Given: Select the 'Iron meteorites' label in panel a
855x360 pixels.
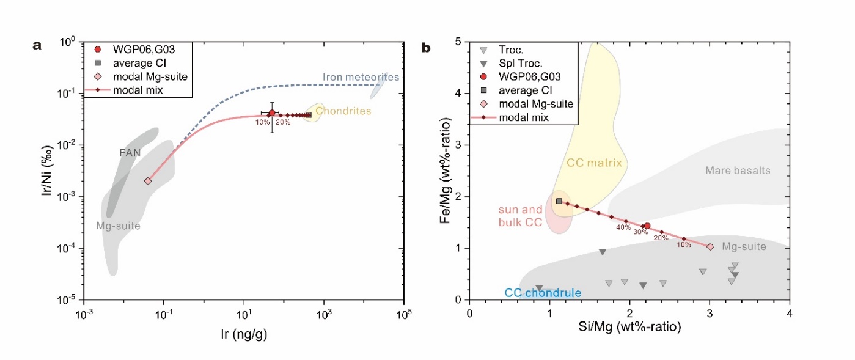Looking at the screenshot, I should [x=360, y=77].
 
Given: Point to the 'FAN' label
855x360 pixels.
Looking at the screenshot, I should [x=130, y=153].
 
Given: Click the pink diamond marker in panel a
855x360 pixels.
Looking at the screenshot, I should [x=147, y=181].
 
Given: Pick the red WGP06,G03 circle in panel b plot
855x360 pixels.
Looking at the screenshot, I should [x=647, y=226].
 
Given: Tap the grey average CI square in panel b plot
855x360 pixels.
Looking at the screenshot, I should [x=559, y=200].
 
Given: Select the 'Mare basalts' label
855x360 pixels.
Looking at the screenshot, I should [x=738, y=171].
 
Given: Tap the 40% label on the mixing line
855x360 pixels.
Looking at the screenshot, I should [x=623, y=227].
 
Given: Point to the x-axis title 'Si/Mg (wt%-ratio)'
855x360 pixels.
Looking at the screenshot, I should [x=629, y=329].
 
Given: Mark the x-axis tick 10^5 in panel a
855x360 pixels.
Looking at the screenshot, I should [x=403, y=316].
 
